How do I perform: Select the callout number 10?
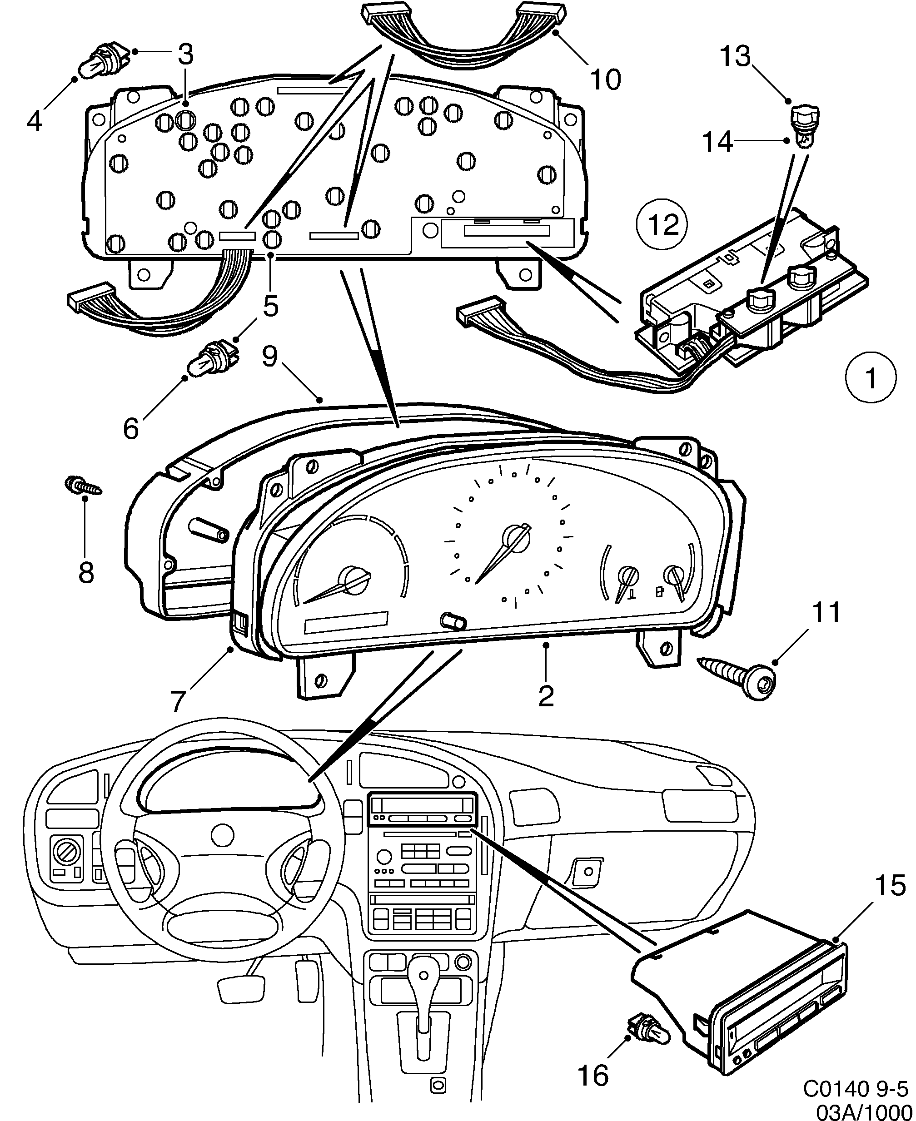(x=605, y=79)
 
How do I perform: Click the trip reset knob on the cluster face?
(x=454, y=621)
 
